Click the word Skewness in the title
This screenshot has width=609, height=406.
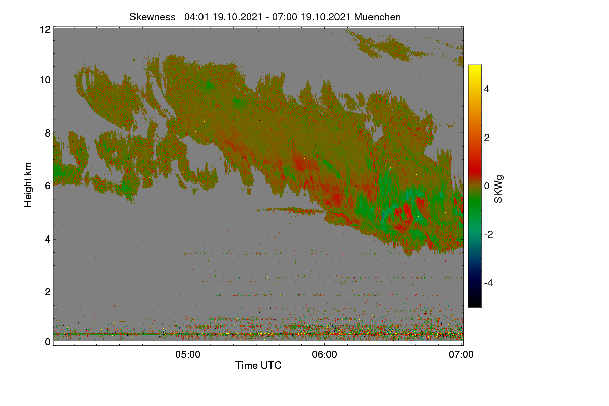coord(152,17)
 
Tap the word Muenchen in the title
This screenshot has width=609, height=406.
coord(378,17)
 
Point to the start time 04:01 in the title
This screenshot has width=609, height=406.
coord(196,17)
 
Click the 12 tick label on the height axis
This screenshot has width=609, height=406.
coord(45,29)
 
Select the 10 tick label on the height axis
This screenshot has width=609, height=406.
coord(45,80)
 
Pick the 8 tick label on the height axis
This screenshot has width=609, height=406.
coord(48,133)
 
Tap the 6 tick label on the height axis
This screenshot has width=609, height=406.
coord(48,186)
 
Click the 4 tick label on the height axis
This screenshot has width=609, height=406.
coord(48,240)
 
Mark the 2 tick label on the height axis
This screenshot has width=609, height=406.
coord(48,292)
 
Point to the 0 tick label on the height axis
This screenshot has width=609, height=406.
coord(48,342)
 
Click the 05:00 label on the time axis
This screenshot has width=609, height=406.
coord(188,355)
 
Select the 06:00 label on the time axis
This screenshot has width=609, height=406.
coord(325,355)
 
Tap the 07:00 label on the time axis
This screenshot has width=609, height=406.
coord(461,355)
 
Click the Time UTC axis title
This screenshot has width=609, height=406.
coord(258,365)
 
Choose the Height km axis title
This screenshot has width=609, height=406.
coord(28,185)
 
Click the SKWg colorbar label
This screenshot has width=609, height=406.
coord(498,189)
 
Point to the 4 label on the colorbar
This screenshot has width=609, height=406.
coord(487,89)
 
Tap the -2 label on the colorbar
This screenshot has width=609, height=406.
coord(488,234)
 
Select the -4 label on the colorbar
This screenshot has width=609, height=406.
coord(488,283)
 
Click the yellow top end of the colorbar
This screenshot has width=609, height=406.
coord(475,66)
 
